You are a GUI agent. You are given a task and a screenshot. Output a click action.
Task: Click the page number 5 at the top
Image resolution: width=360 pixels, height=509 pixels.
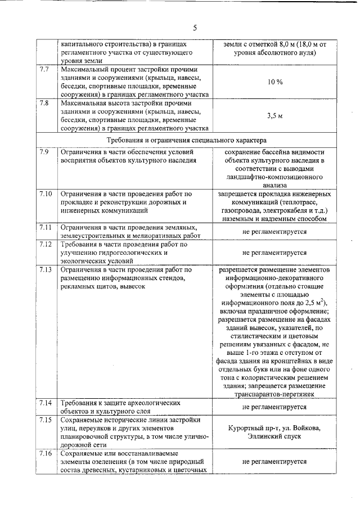(x=195, y=28)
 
